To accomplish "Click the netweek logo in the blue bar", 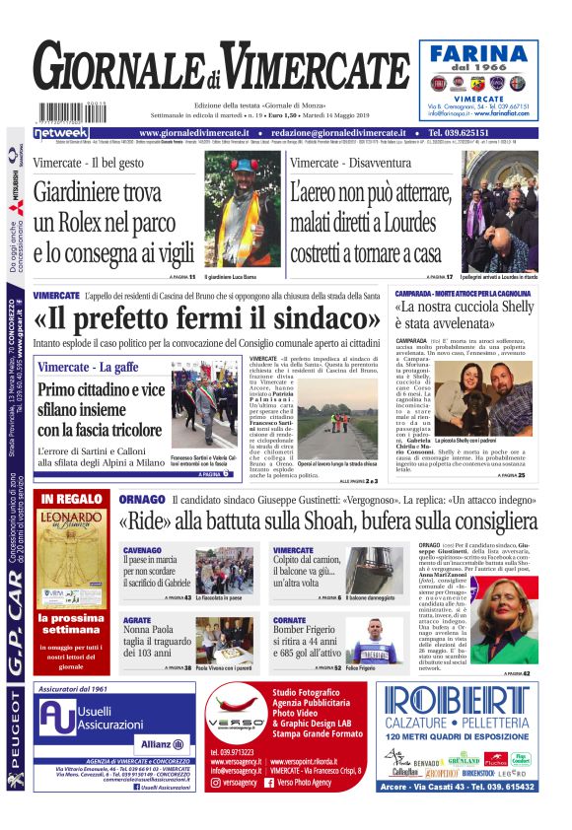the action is (x=60, y=132).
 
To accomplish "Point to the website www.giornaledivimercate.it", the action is (x=203, y=132).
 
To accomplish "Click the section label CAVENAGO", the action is (x=143, y=550).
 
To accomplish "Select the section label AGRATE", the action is (x=137, y=620).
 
